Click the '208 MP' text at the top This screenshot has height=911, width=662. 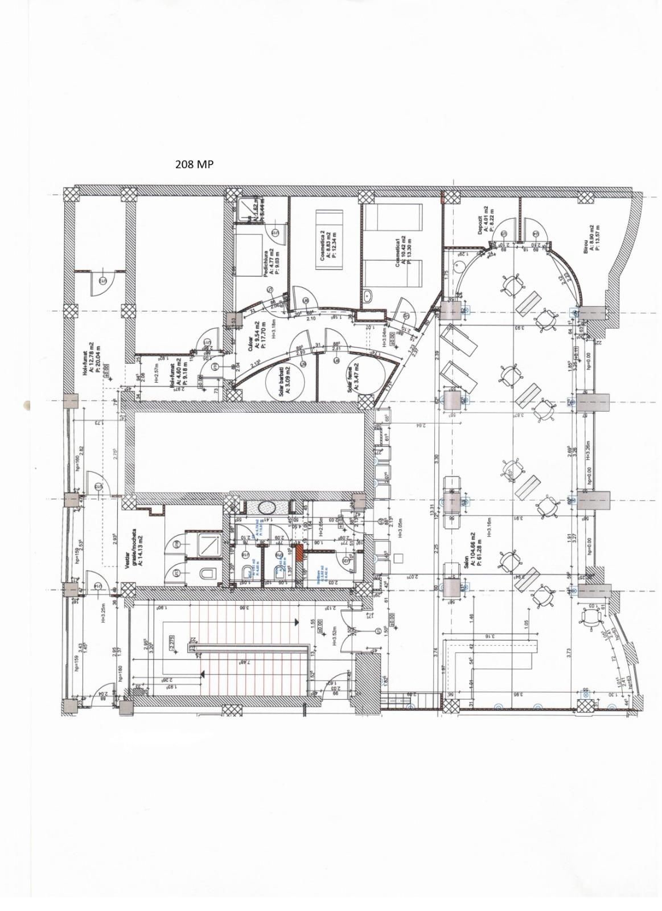(x=194, y=165)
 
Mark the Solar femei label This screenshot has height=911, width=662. (x=353, y=377)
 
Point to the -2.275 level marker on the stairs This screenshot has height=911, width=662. (x=171, y=641)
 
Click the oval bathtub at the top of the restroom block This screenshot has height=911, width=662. (x=266, y=506)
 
